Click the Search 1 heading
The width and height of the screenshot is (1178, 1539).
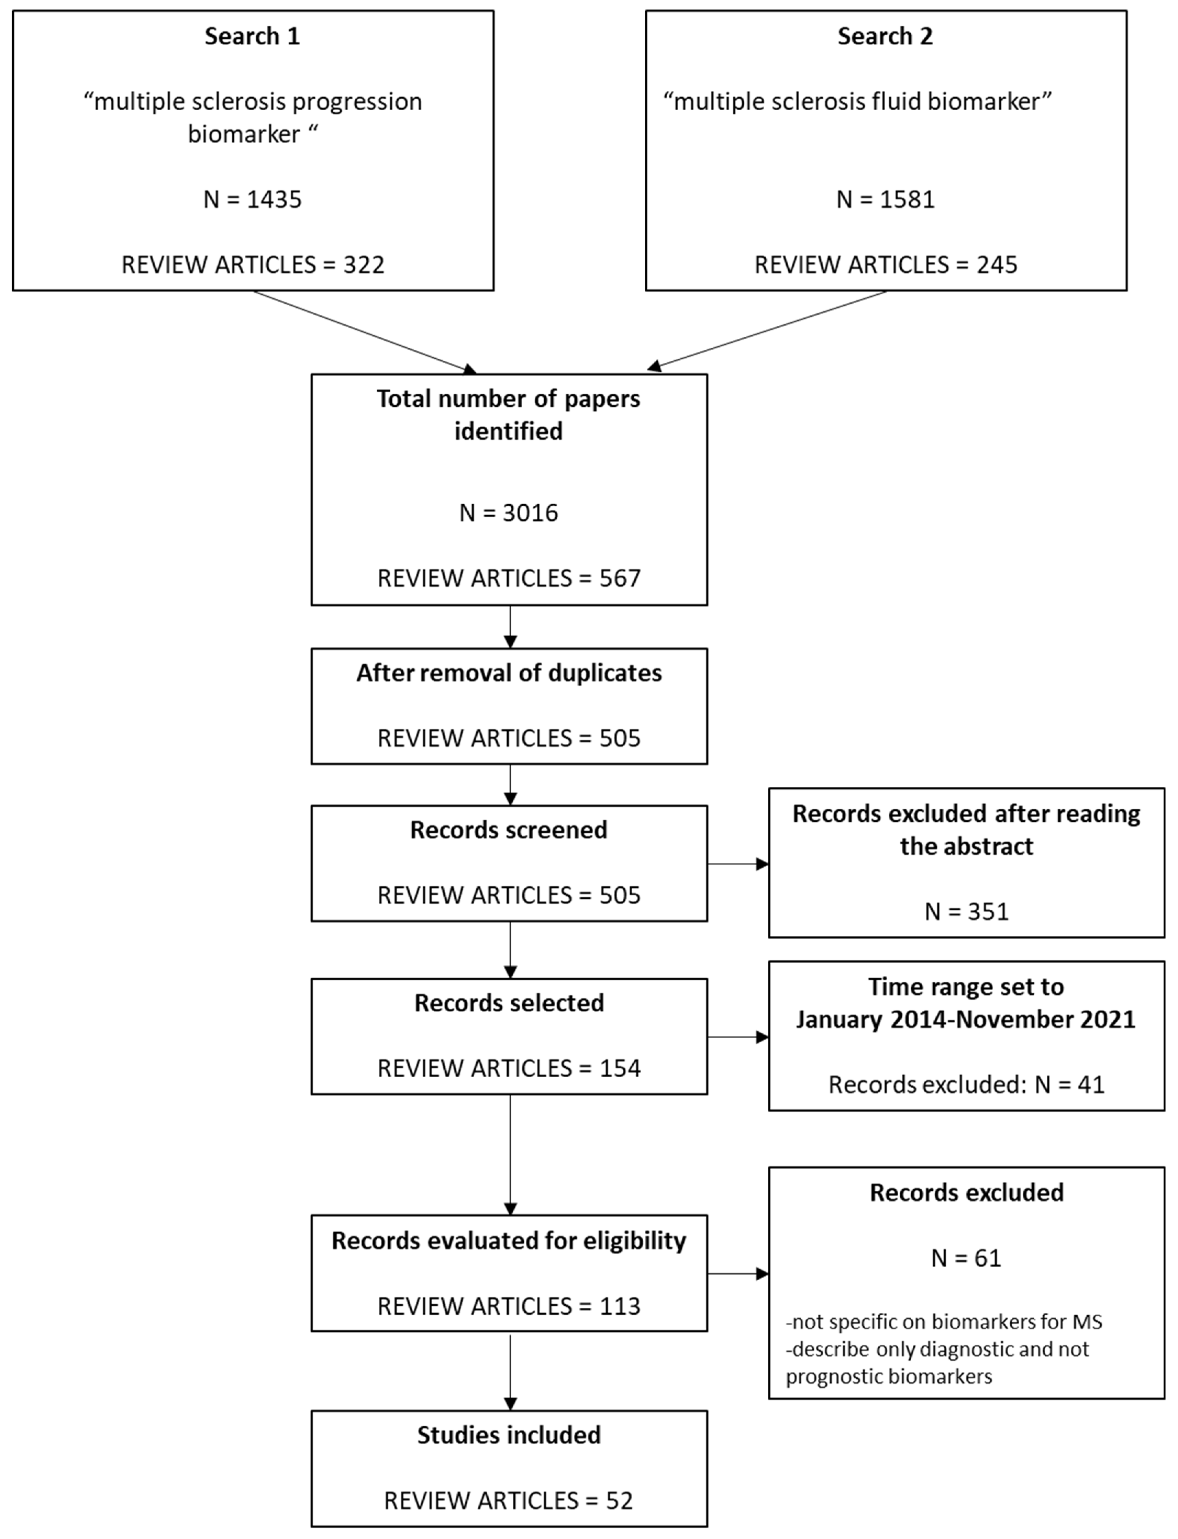(x=253, y=36)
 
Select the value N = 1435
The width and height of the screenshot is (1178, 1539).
(x=253, y=200)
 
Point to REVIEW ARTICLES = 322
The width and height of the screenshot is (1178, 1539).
(x=253, y=265)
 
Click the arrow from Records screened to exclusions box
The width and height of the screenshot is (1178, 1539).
(x=738, y=864)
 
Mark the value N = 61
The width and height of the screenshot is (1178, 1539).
(x=966, y=1258)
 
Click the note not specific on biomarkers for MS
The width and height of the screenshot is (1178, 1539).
(x=944, y=1322)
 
